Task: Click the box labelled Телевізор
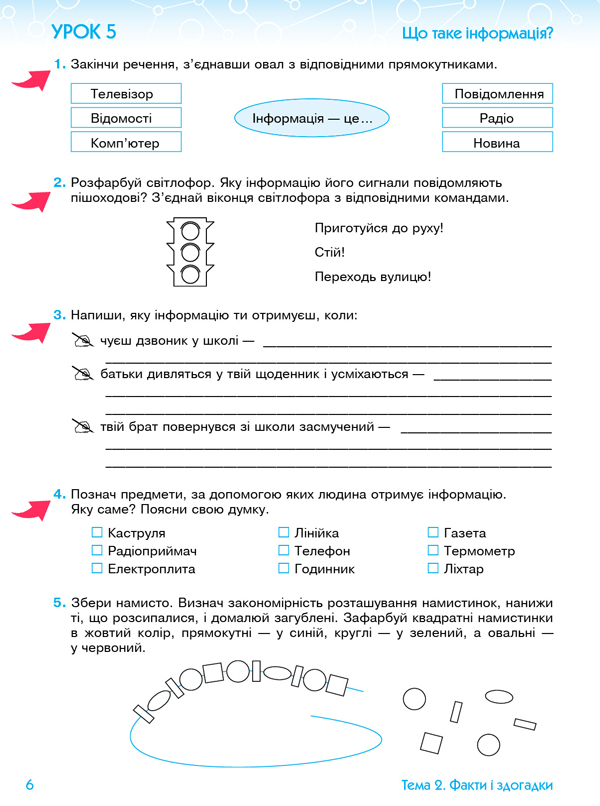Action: [122, 94]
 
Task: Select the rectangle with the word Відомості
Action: [122, 118]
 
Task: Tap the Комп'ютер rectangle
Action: [122, 143]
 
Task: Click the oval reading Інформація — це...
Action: [312, 119]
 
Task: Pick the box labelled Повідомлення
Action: [497, 94]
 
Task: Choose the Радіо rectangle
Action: [497, 118]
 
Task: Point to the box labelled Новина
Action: [497, 143]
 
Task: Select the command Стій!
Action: [330, 253]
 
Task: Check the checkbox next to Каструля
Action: [97, 533]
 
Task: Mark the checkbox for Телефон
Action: [284, 551]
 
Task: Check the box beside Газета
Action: [433, 533]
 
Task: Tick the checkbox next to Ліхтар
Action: [433, 569]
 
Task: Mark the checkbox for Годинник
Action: [284, 569]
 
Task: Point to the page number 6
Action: [30, 785]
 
